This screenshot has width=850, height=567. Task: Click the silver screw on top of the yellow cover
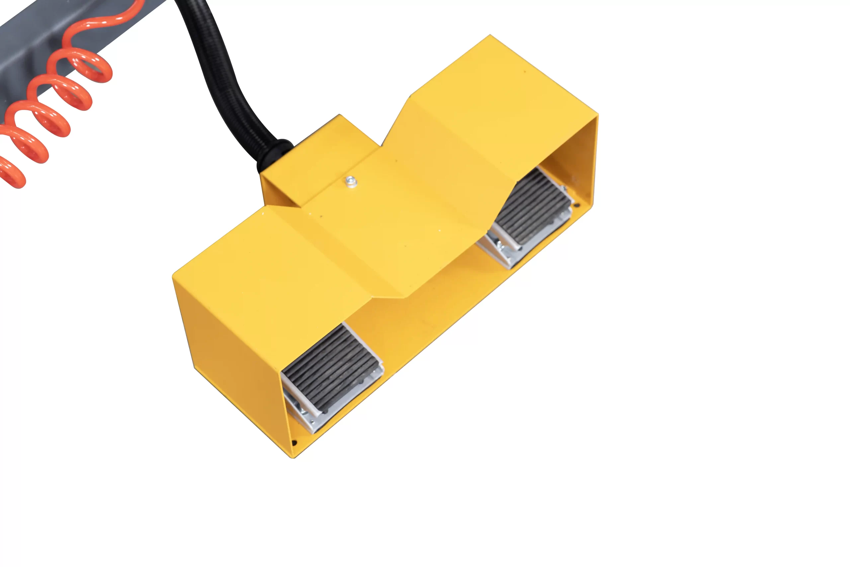coord(351,182)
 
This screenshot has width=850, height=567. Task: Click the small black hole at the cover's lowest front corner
coord(294,443)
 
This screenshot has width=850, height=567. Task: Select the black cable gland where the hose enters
coord(275,152)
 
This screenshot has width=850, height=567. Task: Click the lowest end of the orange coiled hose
coord(15,177)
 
